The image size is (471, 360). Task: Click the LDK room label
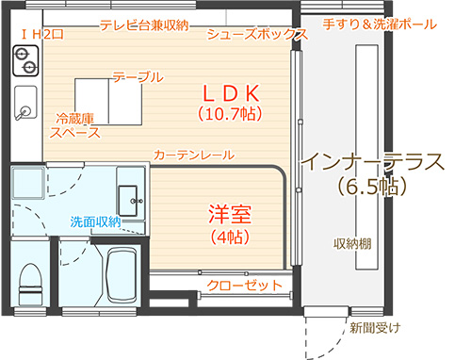pyautogui.click(x=232, y=93)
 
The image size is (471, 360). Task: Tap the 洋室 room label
pyautogui.click(x=230, y=214)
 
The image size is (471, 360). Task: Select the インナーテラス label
pyautogui.click(x=373, y=161)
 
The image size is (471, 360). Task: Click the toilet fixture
pyautogui.click(x=30, y=285)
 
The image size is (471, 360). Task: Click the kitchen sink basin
pyautogui.click(x=25, y=103)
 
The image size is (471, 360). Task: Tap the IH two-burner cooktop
pyautogui.click(x=25, y=61)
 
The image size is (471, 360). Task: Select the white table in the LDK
pyautogui.click(x=108, y=102)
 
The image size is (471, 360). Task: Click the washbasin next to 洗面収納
pyautogui.click(x=128, y=201)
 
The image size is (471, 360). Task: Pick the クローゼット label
pyautogui.click(x=244, y=286)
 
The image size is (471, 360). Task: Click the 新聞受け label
pyautogui.click(x=375, y=328)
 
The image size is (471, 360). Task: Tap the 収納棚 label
pyautogui.click(x=352, y=243)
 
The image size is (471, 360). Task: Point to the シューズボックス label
pyautogui.click(x=257, y=34)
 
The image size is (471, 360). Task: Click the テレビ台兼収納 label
pyautogui.click(x=144, y=25)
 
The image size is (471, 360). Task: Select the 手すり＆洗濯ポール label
pyautogui.click(x=380, y=25)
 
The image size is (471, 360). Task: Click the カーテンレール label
pyautogui.click(x=194, y=155)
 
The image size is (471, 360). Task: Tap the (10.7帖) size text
pyautogui.click(x=230, y=114)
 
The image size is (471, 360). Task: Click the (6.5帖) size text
pyautogui.click(x=372, y=187)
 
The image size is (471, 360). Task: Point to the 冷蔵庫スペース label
pyautogui.click(x=75, y=125)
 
